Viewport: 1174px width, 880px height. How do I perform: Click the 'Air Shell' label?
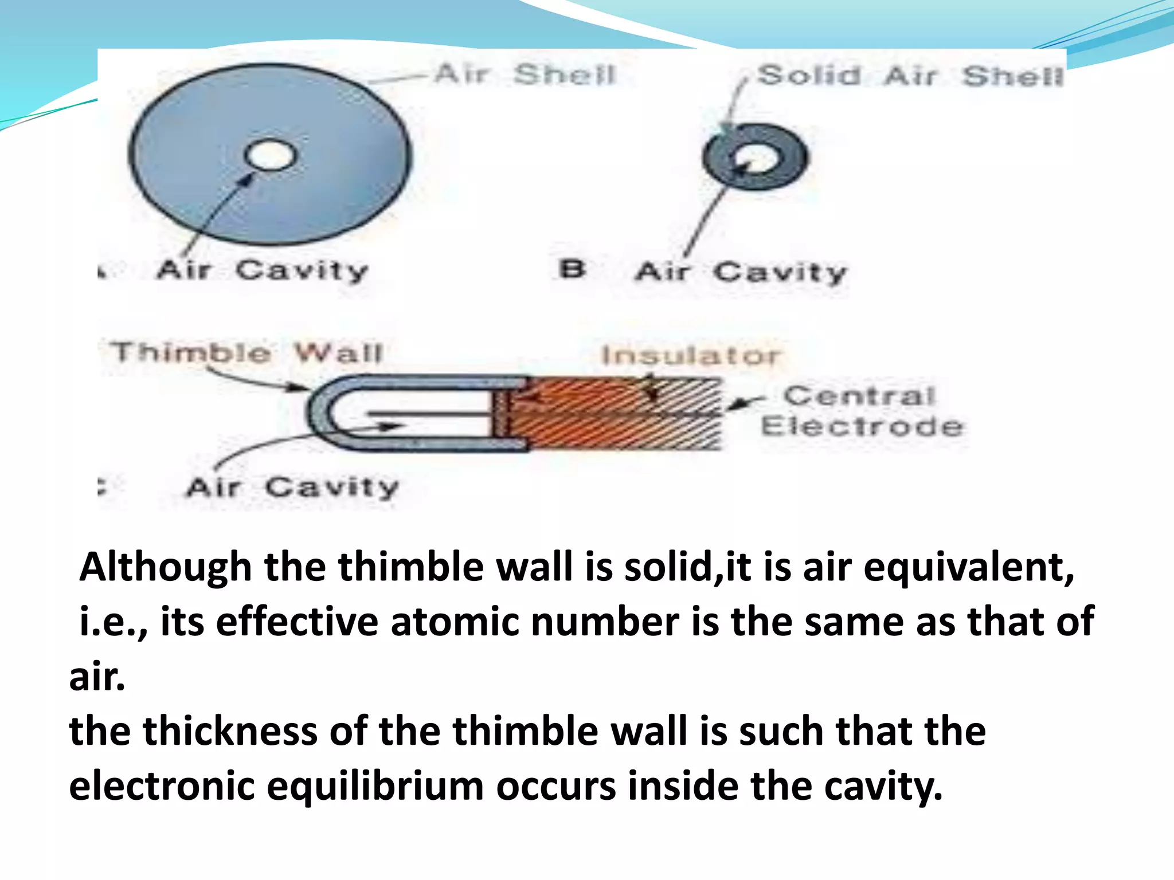(x=524, y=74)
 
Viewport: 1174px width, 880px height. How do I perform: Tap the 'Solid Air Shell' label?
(x=910, y=76)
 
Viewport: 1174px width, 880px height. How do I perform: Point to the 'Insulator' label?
(x=690, y=355)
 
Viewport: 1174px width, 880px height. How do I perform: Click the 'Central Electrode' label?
(x=861, y=411)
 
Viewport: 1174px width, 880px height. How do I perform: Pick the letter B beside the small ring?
(x=572, y=269)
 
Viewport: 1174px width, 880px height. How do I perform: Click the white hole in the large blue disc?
(x=271, y=155)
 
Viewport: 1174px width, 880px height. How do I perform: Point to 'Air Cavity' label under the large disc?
(x=262, y=270)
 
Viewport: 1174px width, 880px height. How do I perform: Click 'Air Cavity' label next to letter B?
(x=741, y=272)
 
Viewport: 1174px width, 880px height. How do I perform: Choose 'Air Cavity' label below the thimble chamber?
(x=292, y=488)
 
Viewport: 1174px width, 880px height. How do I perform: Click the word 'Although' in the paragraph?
(x=166, y=567)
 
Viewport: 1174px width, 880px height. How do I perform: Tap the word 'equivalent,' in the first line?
(x=969, y=567)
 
